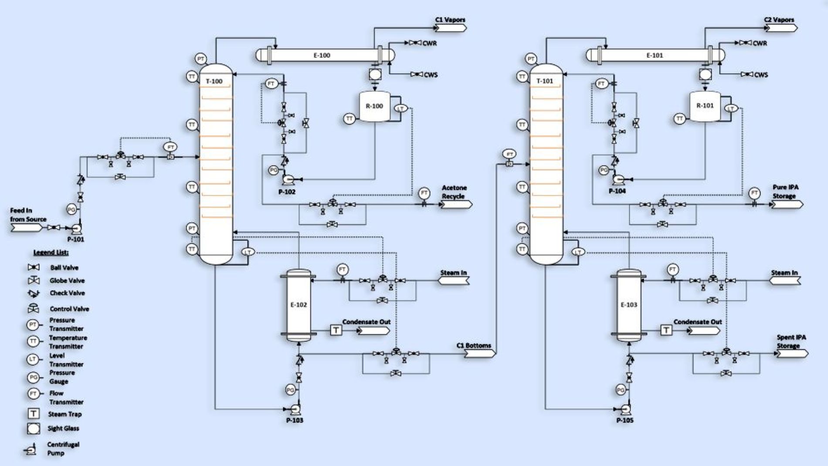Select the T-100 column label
coord(214,81)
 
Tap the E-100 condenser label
coord(322,55)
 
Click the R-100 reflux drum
coord(374,106)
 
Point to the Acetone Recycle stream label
coord(454,192)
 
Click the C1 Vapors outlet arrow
coord(451,28)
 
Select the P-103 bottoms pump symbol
coord(295,409)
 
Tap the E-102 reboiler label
coord(299,304)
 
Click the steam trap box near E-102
coord(336,330)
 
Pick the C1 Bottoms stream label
coord(473,345)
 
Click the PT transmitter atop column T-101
coord(531,59)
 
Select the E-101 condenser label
coord(655,55)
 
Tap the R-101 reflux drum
coord(705,106)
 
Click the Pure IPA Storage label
coord(785,192)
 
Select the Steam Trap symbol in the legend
coord(34,414)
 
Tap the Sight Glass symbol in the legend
coord(34,429)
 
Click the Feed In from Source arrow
coord(27,227)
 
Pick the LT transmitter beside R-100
coord(400,108)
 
